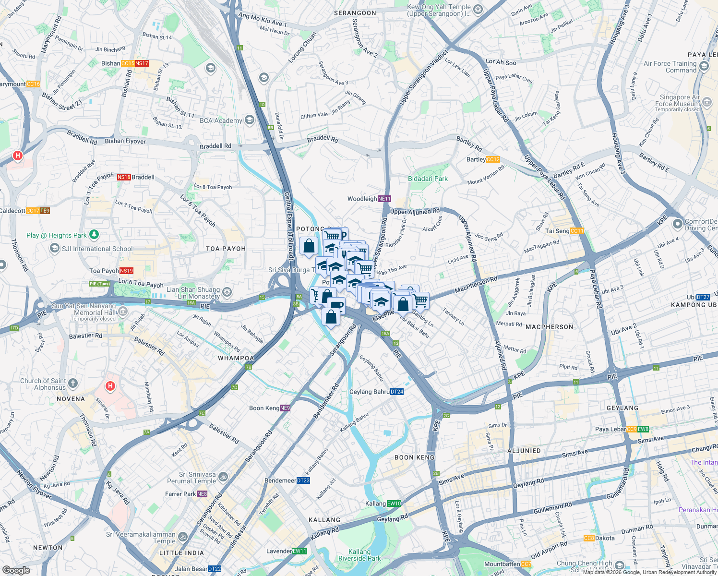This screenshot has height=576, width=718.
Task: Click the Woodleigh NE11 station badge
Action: pos(384,199)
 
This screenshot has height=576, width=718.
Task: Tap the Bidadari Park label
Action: pos(428,179)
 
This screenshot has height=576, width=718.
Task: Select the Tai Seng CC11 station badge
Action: pos(577,231)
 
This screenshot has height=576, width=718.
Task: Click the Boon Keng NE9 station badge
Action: pos(285,408)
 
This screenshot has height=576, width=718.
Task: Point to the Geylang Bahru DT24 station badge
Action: pos(396,392)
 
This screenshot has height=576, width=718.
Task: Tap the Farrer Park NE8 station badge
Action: pos(202,494)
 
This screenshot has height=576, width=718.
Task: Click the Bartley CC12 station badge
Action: pos(493,159)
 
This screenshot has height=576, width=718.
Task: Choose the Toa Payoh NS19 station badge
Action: pos(126,271)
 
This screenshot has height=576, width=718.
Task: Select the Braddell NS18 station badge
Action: pos(124,177)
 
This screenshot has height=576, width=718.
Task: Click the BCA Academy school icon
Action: pos(249,120)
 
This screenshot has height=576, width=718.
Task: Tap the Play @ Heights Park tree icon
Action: pos(94,235)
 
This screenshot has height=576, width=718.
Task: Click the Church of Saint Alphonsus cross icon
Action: pos(73,384)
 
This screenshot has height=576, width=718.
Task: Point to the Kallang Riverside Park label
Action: pos(359,555)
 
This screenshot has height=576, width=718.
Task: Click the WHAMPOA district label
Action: pos(236,358)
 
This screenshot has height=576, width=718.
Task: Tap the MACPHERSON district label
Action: pos(550,327)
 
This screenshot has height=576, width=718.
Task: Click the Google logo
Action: pos(16,570)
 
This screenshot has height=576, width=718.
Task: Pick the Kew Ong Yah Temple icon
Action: pos(478,9)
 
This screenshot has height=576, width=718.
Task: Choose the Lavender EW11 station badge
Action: pos(299,551)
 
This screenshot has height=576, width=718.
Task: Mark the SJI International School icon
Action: pos(55,248)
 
